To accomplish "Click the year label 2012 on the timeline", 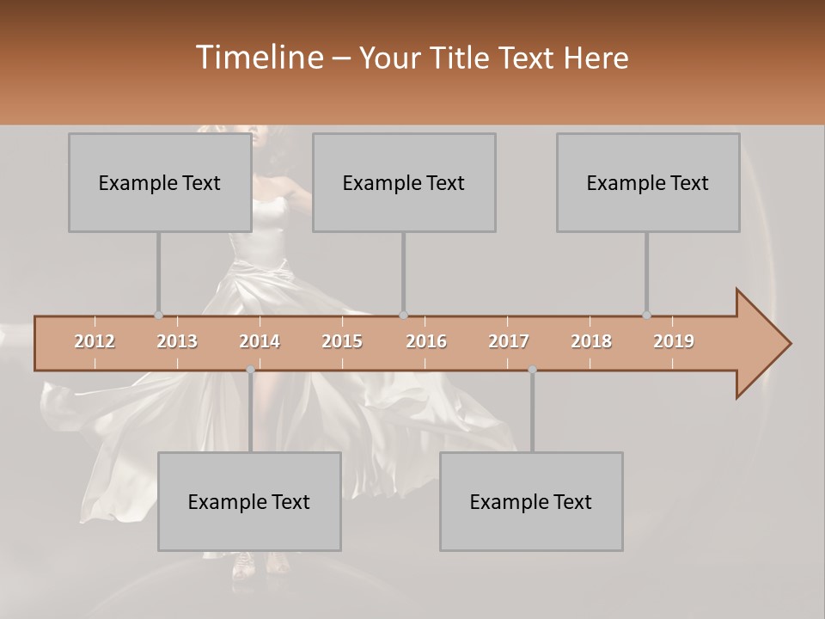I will pos(95,341).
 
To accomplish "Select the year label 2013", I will pos(177,341).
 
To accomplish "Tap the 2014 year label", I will pos(260,341).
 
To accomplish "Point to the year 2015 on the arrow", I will pos(342,341).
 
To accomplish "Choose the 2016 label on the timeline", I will pos(426,341).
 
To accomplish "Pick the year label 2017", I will pos(509,341).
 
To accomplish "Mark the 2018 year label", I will pos(591,341).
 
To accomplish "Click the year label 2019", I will pos(674,341).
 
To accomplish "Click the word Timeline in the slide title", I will pos(259,58).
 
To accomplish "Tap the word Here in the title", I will pos(596,58).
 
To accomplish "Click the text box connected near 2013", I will pos(160,182).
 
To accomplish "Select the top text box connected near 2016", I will pos(404,182).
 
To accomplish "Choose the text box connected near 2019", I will pos(648,182).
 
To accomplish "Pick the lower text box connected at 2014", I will pos(249,501).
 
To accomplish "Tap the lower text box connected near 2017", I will pos(531,501).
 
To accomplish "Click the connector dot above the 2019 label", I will pos(646,315).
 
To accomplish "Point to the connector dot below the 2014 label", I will pos(250,370).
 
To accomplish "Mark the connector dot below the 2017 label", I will pos(532,370).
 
